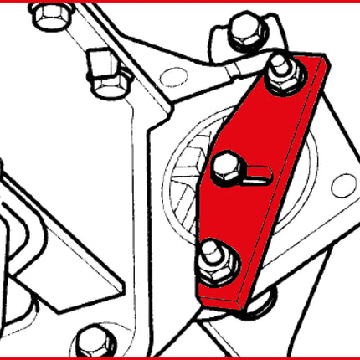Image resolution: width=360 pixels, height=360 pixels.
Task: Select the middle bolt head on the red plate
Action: click(226, 170)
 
